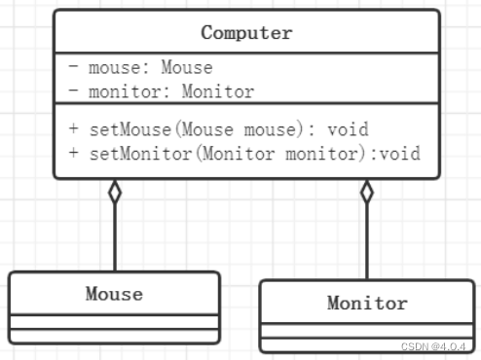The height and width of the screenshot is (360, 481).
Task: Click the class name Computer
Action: click(x=246, y=32)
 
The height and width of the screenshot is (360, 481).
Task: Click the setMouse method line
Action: click(x=218, y=128)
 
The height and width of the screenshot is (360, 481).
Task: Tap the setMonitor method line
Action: click(x=243, y=154)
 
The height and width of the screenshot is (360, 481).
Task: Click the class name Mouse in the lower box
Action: click(x=114, y=293)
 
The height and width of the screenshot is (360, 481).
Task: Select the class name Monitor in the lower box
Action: click(x=367, y=303)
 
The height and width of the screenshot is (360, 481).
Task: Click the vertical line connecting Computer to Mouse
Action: click(x=115, y=238)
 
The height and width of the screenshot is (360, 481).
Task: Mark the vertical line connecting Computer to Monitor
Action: click(x=367, y=243)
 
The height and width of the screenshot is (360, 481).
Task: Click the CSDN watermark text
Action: click(x=433, y=345)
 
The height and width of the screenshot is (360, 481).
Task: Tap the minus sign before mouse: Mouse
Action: click(x=74, y=68)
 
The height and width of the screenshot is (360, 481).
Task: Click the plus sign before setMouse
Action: click(x=74, y=128)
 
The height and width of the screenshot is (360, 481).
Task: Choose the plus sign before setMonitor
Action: click(x=74, y=154)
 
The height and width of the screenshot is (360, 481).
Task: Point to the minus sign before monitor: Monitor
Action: click(x=74, y=92)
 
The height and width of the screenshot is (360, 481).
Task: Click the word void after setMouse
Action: click(x=349, y=128)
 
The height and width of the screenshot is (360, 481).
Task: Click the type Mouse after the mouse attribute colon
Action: click(x=186, y=68)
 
